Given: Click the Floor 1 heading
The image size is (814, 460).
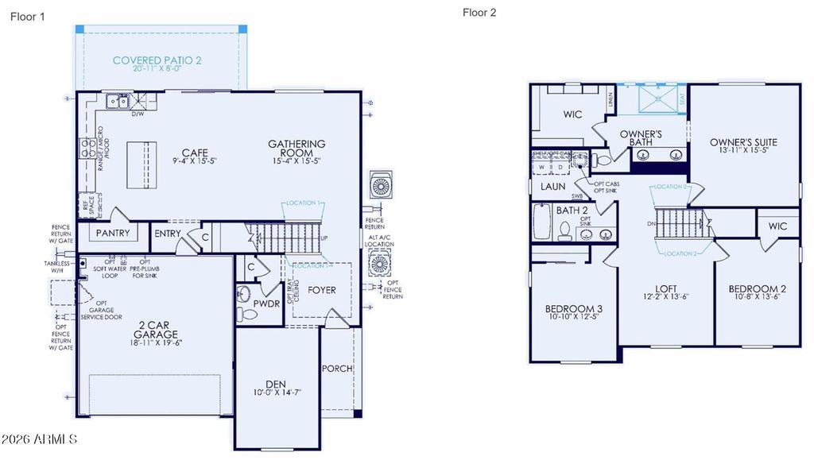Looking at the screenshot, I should point(28,16).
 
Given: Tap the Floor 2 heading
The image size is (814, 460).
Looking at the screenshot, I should point(479,12).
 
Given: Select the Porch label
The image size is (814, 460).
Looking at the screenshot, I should point(337,369).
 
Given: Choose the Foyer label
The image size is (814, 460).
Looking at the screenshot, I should point(322,290).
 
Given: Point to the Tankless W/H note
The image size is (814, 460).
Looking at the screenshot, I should point(59,267).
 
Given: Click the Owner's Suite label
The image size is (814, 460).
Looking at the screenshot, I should point(743,142).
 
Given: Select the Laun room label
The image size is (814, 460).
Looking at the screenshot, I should point(552,187).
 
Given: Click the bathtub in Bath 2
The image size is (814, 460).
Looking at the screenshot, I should point(543,222).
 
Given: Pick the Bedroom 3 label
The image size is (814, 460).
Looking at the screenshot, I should point(573,308).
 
